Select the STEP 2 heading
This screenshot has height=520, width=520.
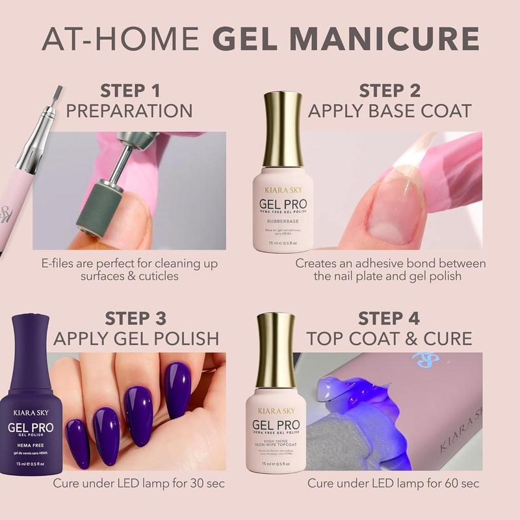point(389,90)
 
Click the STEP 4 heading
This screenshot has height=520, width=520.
point(389,318)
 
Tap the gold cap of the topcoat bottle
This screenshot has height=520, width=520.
point(276,352)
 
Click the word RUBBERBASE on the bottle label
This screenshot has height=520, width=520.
point(282,221)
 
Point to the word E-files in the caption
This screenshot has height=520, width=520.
point(62,264)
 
